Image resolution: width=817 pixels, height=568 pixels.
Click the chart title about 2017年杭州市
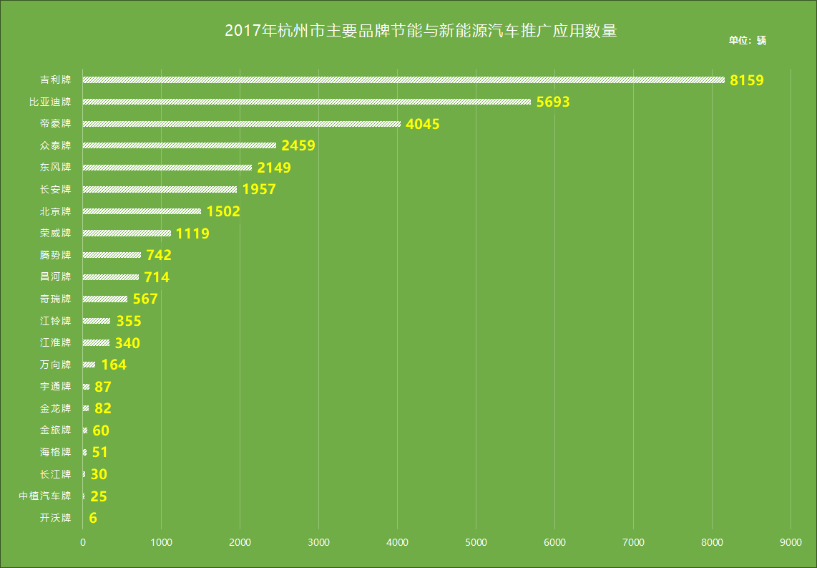click(x=421, y=32)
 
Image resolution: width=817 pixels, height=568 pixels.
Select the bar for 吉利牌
click(x=403, y=80)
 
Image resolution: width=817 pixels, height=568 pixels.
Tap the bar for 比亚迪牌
click(x=307, y=102)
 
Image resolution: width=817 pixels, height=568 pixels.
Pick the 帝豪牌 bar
click(x=242, y=124)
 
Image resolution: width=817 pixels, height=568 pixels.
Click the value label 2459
click(x=298, y=145)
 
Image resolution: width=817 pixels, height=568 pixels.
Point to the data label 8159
click(x=747, y=80)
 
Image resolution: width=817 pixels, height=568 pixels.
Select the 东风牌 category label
click(x=56, y=168)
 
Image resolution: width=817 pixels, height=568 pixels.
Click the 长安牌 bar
click(x=160, y=189)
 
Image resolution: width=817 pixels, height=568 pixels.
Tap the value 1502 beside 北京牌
click(x=223, y=211)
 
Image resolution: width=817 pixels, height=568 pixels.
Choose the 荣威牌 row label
click(x=56, y=233)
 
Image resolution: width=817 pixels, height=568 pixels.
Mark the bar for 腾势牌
click(x=112, y=255)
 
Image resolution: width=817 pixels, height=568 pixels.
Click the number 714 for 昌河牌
click(x=157, y=277)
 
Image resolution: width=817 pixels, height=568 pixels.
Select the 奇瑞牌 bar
click(x=105, y=299)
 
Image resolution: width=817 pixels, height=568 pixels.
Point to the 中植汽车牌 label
click(x=45, y=496)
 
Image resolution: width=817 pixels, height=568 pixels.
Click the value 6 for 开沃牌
click(x=93, y=518)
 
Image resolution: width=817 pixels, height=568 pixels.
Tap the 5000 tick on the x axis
click(x=476, y=543)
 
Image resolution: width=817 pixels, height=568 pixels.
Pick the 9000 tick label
click(x=791, y=543)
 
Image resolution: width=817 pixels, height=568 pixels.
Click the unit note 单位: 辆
click(x=747, y=40)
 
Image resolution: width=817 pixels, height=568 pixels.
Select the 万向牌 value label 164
click(x=114, y=365)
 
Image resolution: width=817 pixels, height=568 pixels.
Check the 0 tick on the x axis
click(x=83, y=543)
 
